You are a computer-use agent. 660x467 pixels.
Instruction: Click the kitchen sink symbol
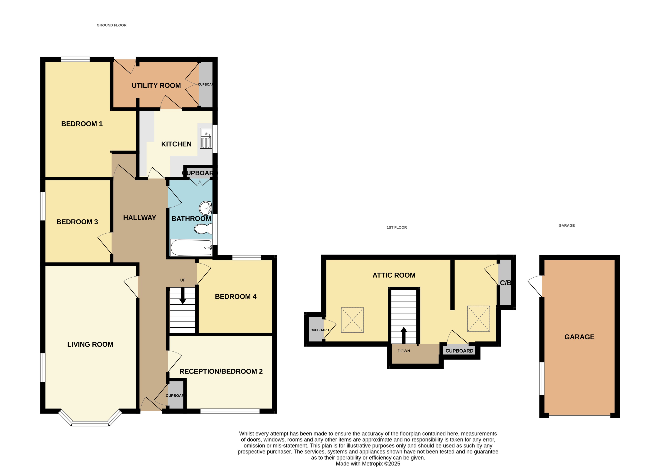[x=206, y=138]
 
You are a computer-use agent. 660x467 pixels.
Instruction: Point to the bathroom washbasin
[x=205, y=208]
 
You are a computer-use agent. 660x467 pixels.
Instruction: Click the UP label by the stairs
[x=183, y=280]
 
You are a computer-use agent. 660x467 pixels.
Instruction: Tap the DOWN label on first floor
[x=404, y=351]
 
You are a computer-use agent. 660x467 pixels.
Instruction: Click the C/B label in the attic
[x=505, y=283]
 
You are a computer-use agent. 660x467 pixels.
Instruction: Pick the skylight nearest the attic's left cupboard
[x=352, y=320]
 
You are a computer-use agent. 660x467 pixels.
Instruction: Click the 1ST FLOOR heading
[x=396, y=227]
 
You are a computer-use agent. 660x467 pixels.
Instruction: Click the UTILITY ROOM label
[x=156, y=85]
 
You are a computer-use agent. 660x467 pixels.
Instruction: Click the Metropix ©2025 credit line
[x=368, y=464]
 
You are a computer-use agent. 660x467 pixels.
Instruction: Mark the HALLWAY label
[x=140, y=218]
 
